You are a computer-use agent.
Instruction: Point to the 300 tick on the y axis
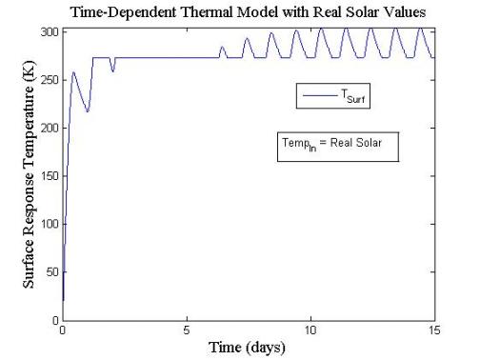(49, 31)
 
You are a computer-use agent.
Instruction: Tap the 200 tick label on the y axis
(49, 128)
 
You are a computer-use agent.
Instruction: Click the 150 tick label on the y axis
(49, 176)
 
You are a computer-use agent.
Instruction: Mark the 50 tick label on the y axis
(51, 272)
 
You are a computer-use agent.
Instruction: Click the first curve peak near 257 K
(73, 72)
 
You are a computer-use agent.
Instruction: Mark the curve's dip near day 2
(112, 71)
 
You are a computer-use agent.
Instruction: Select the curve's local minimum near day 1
(88, 111)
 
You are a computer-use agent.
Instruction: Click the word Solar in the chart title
(372, 11)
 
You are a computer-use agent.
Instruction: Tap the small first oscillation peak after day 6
(223, 47)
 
